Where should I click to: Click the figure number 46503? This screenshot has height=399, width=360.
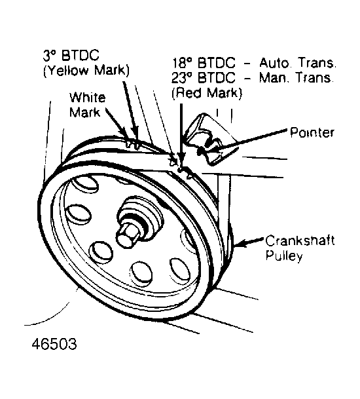[x=54, y=344]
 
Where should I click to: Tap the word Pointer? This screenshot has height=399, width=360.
[x=312, y=132]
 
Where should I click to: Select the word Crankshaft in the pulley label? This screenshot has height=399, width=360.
[x=300, y=240]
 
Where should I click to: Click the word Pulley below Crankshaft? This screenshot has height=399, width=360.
[x=284, y=256]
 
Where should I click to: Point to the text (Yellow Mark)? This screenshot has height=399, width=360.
[x=86, y=70]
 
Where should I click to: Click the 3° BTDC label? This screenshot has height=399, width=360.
[x=71, y=56]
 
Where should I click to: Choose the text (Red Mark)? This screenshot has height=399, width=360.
[x=207, y=93]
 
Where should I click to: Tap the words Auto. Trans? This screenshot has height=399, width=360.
[x=297, y=63]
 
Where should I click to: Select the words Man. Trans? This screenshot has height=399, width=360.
[x=296, y=77]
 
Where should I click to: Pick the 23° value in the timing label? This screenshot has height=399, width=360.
[x=182, y=78]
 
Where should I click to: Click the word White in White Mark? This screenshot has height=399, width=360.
[x=87, y=98]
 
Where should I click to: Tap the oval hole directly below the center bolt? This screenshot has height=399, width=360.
[x=140, y=275]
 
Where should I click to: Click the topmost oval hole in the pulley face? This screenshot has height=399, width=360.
[x=84, y=184]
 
